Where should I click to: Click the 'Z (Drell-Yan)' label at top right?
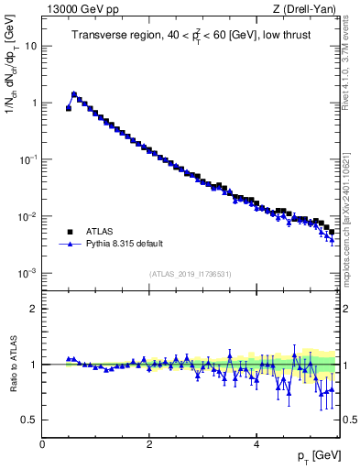pos(305,9)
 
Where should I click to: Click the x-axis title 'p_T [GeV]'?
pos(317,456)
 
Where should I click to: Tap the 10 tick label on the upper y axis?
pos(32,46)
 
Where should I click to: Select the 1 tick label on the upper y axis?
pos(35,103)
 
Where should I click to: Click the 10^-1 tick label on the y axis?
pos(30,159)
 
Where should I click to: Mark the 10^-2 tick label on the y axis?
pos(30,216)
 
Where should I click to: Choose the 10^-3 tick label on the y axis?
pos(30,273)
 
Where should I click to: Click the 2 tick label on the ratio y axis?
pos(35,309)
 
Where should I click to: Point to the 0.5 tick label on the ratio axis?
pos(31,420)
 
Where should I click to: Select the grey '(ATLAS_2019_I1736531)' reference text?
pos(190,274)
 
